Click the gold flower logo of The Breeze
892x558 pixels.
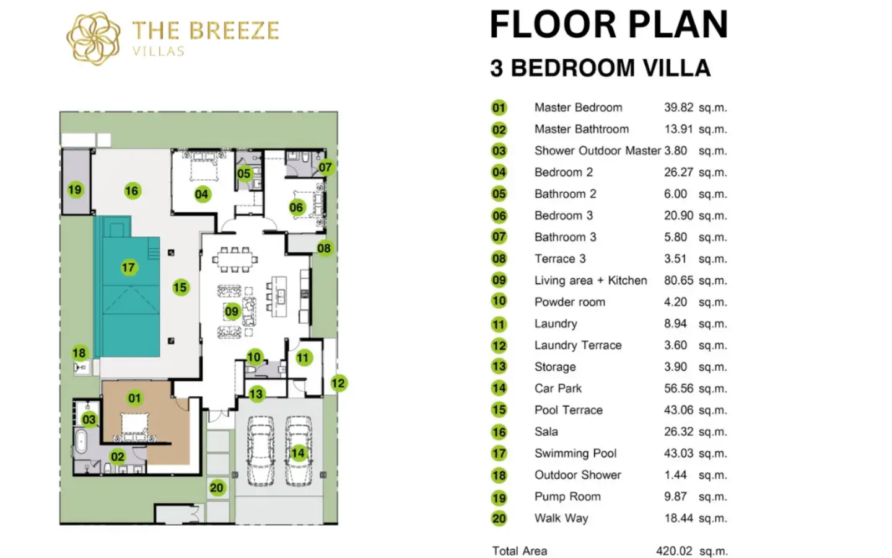[x=94, y=38]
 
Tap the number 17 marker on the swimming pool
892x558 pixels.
[x=129, y=267]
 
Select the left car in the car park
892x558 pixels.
[x=260, y=451]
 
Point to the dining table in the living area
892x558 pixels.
[x=235, y=260]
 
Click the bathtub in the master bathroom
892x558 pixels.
[x=81, y=441]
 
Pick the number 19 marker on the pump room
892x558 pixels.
[x=76, y=190]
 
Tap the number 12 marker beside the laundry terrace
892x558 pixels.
[x=338, y=383]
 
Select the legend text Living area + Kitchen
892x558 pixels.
[x=590, y=281]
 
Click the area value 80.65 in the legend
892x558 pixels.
[x=678, y=281]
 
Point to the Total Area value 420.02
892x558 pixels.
[x=674, y=551]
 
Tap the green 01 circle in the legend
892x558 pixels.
[x=499, y=108]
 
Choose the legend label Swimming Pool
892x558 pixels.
[x=575, y=453]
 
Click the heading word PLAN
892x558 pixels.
[x=678, y=25]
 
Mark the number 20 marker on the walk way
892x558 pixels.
[x=217, y=488]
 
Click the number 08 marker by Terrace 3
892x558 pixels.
[x=324, y=248]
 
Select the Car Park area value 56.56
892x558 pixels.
[x=678, y=389]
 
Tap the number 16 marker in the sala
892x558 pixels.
[x=132, y=191]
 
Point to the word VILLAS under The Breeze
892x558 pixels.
[x=158, y=51]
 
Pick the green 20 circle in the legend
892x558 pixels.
[x=499, y=518]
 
